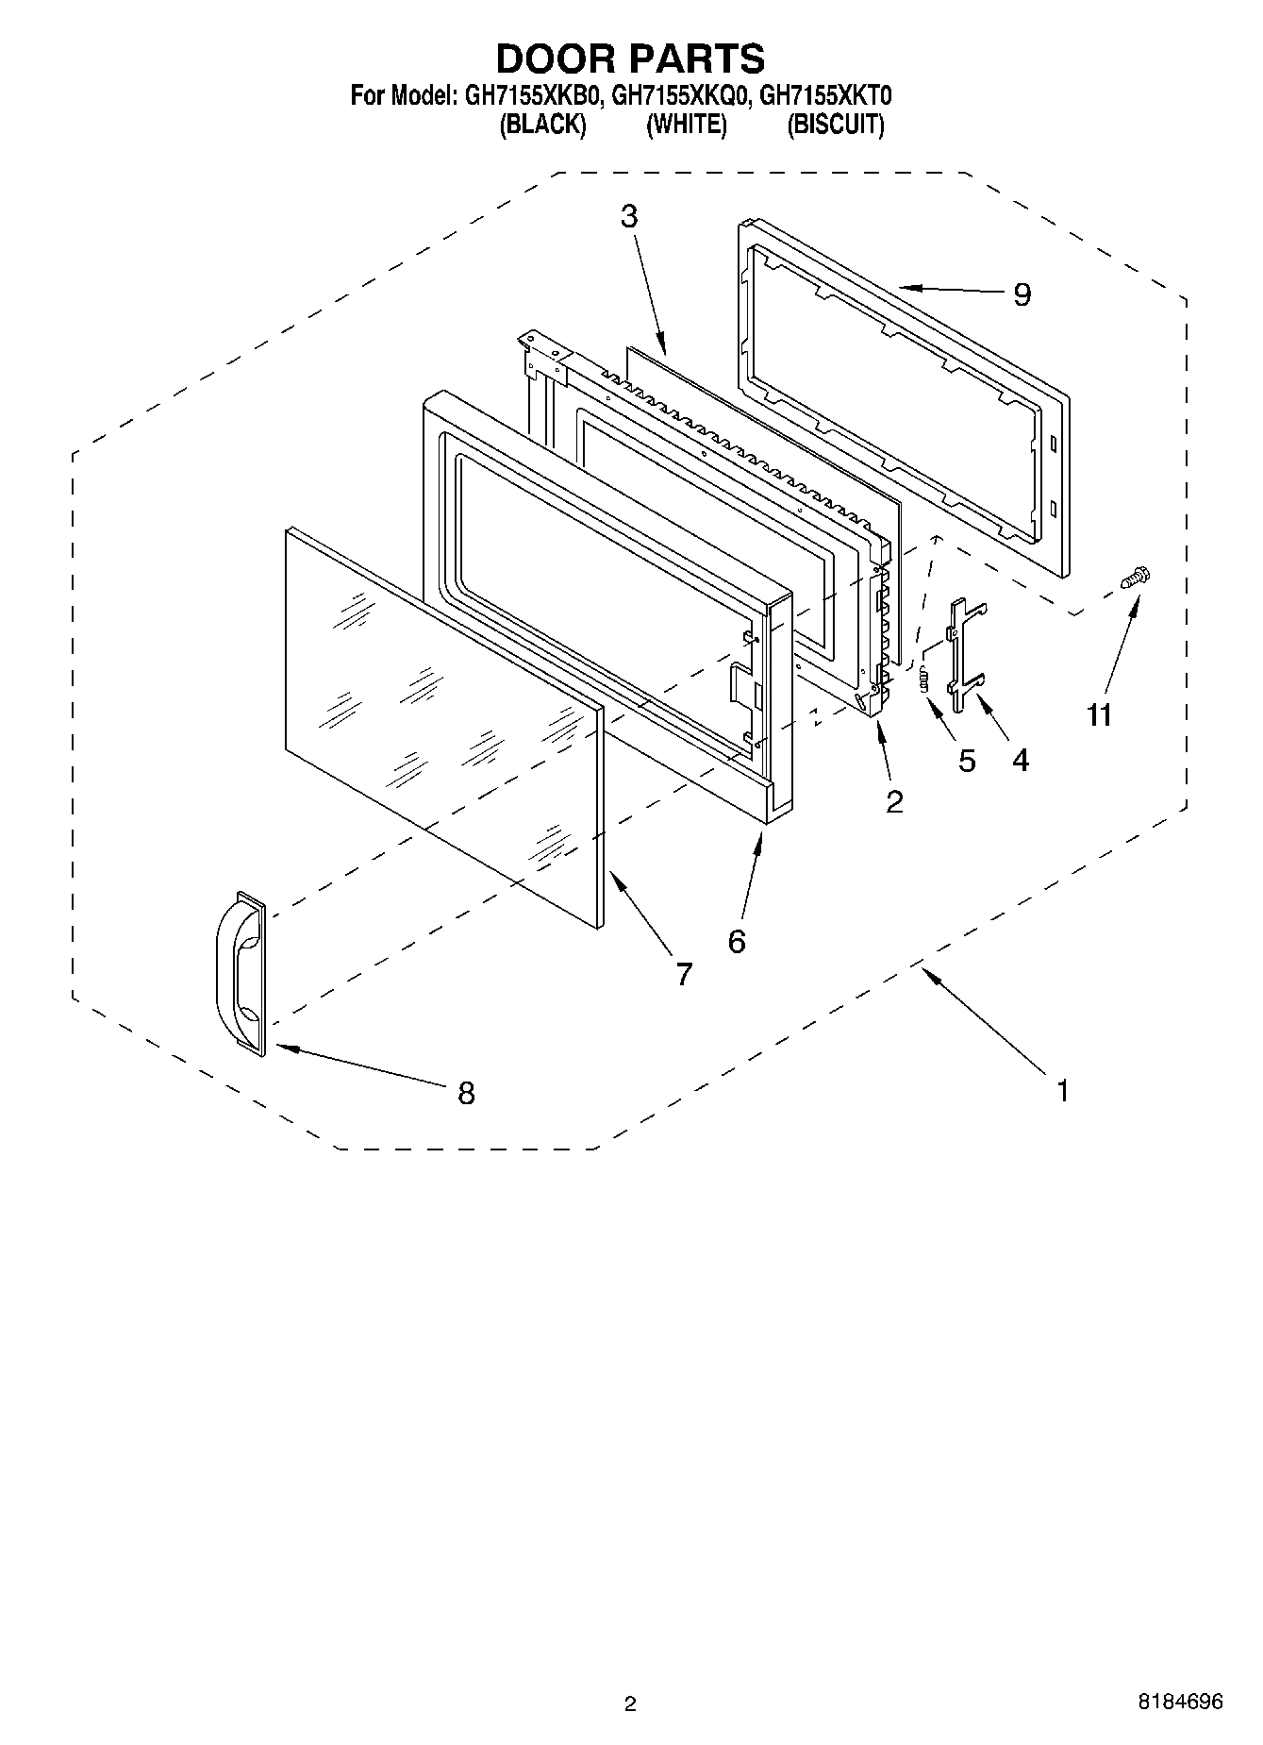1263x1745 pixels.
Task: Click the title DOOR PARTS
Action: pos(630,59)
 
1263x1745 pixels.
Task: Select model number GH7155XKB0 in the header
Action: pos(530,95)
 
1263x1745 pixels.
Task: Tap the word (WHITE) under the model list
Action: pos(686,125)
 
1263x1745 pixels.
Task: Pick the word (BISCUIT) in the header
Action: pos(836,125)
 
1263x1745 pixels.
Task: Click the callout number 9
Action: pos(1022,295)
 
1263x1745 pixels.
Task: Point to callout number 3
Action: pos(629,216)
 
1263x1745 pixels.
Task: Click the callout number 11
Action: pos(1099,715)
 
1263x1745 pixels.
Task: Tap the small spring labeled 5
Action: pos(924,679)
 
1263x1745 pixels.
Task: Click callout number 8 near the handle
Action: pos(466,1094)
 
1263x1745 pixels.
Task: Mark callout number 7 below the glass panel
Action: pos(684,974)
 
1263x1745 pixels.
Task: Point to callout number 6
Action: pos(737,941)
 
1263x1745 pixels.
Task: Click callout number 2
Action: pos(894,801)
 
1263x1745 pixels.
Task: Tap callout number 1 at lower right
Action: pos(1063,1092)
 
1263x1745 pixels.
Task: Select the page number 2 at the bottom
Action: pos(630,1703)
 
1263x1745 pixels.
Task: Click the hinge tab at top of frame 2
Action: pos(545,351)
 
